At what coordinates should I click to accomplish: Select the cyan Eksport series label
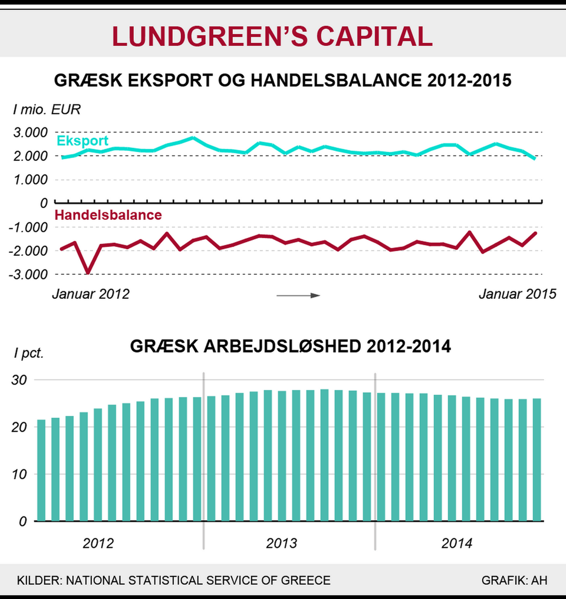(x=83, y=141)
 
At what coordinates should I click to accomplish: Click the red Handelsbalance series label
(x=108, y=215)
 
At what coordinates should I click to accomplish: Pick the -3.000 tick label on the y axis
(x=28, y=274)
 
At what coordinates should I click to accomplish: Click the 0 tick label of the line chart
(x=42, y=203)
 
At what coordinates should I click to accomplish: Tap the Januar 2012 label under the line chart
(x=90, y=294)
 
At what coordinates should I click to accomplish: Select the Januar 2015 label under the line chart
(x=517, y=294)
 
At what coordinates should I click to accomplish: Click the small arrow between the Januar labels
(x=298, y=295)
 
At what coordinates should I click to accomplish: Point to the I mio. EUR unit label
(x=39, y=109)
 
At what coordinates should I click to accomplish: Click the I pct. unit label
(x=29, y=354)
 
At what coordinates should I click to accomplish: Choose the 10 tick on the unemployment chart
(x=22, y=475)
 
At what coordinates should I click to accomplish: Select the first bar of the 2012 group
(x=41, y=470)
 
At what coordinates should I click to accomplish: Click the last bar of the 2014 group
(x=537, y=460)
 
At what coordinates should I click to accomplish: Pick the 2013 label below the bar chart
(x=282, y=543)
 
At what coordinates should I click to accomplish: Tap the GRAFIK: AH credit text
(x=514, y=580)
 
